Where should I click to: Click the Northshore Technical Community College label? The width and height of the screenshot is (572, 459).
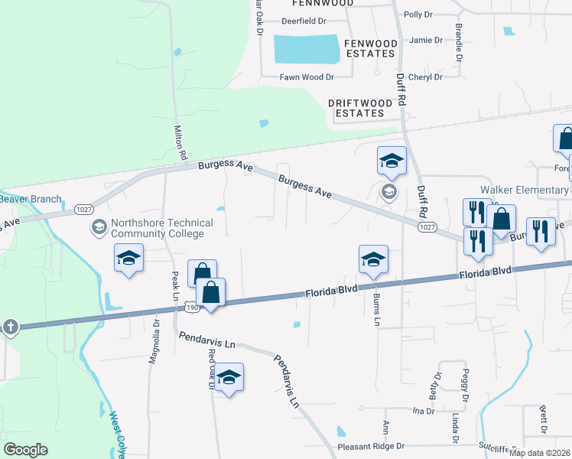158,228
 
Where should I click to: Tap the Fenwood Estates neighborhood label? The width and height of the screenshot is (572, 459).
372,48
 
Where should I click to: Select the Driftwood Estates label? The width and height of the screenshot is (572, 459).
356,107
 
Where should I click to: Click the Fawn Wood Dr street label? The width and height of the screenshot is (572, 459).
306,77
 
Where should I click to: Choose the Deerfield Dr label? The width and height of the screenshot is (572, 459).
304,21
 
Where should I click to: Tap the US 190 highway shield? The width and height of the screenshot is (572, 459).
191,307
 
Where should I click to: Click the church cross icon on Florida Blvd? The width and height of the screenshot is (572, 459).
10,327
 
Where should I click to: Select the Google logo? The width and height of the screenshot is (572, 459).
25,450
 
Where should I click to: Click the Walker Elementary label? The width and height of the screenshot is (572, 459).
525,190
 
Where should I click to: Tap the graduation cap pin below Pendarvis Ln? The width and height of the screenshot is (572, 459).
228,378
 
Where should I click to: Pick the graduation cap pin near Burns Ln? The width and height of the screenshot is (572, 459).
373,259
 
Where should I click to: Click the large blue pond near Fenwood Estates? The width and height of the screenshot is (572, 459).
306,50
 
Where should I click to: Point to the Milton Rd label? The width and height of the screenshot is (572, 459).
180,143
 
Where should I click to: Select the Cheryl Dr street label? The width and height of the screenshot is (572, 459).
426,77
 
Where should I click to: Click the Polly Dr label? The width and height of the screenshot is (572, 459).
418,15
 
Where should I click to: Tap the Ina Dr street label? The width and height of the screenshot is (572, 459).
423,411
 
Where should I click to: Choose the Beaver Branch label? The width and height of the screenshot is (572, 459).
31,199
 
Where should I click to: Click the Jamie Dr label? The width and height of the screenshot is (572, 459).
426,41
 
